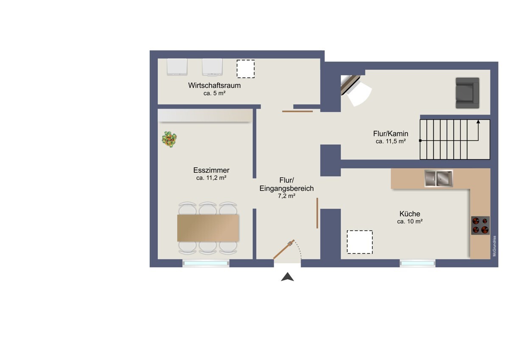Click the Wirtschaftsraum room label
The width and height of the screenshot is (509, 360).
coord(214,85)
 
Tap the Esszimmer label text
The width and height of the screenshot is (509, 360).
coord(211,171)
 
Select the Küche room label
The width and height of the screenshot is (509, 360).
coord(409,214)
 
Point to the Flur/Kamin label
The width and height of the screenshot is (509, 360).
coord(391,134)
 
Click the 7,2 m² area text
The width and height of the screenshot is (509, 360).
coord(286,196)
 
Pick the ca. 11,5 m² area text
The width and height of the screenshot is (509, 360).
coord(391,141)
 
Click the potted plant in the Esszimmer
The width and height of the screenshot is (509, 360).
coord(170,139)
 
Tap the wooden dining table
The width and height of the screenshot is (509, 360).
coord(208,228)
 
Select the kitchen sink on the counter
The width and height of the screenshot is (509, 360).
coord(439,178)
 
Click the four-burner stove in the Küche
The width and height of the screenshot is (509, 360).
coord(480,225)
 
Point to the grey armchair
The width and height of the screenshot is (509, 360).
coord(467,93)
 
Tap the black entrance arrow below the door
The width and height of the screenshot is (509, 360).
coord(288,277)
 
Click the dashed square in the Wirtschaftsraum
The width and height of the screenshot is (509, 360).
coord(246,69)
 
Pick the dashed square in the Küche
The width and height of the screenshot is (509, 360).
coord(360,242)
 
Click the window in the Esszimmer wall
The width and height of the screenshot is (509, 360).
coord(206,264)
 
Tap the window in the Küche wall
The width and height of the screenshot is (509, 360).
coord(417,264)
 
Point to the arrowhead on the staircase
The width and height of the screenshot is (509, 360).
coord(478,122)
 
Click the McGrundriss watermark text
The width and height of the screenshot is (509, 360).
coord(495,246)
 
